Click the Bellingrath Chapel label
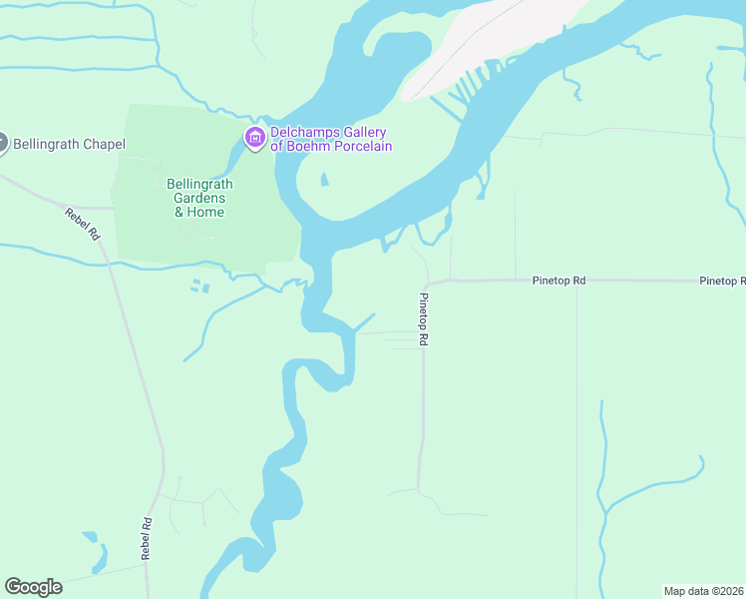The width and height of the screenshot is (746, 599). pos(69,145)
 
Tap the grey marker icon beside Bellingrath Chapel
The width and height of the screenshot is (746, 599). pos(2,144)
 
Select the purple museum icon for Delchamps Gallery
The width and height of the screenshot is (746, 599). pos(254,138)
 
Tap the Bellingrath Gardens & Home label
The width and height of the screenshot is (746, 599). pos(198,198)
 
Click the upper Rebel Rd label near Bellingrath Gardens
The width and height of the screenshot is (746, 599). pos(83,223)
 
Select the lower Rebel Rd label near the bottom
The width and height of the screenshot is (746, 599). pos(146,538)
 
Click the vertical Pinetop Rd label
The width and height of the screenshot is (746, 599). pos(423,319)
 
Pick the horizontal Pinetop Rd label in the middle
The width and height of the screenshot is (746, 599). pos(558,282)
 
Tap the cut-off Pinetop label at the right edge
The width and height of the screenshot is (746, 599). pos(722,282)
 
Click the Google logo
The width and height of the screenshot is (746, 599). pos(33,587)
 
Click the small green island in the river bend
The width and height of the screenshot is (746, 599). pos(324,181)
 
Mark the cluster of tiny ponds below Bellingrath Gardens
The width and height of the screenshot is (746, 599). pos(200,288)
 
